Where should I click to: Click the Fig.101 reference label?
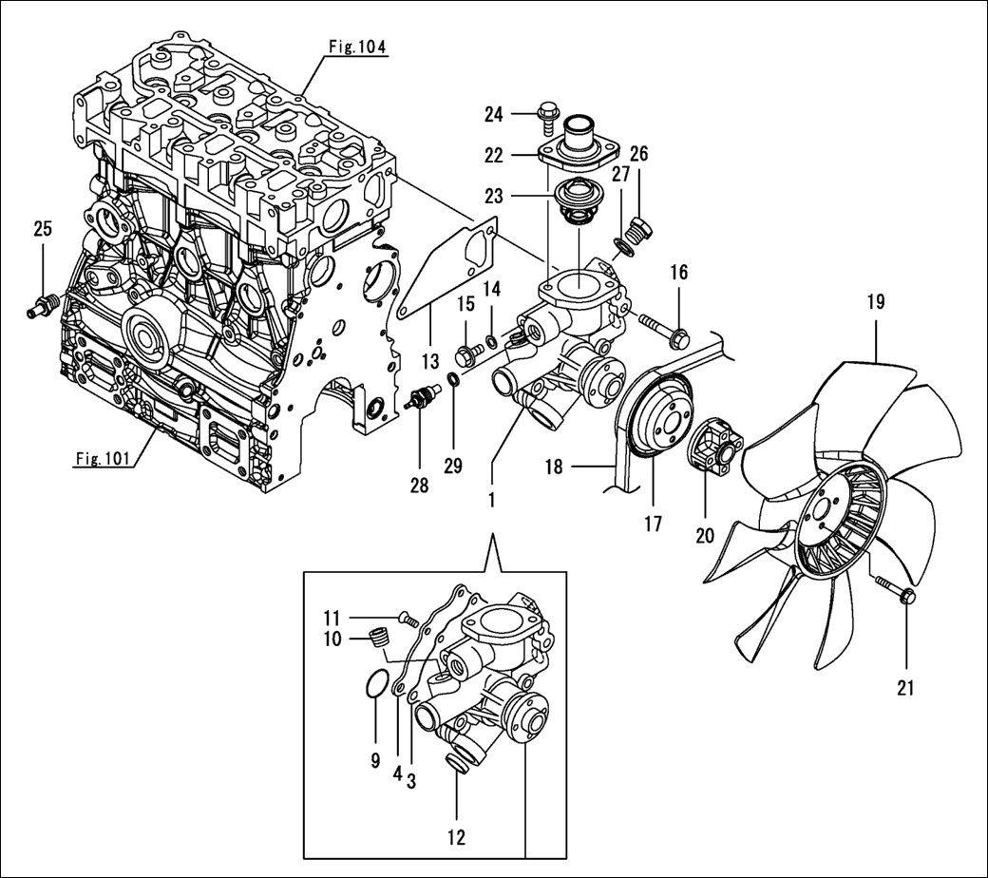[x=102, y=461]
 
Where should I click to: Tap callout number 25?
[x=43, y=229]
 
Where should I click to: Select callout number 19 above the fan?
[x=875, y=303]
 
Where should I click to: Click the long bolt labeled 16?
[x=662, y=328]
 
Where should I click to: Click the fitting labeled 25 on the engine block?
[x=42, y=307]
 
